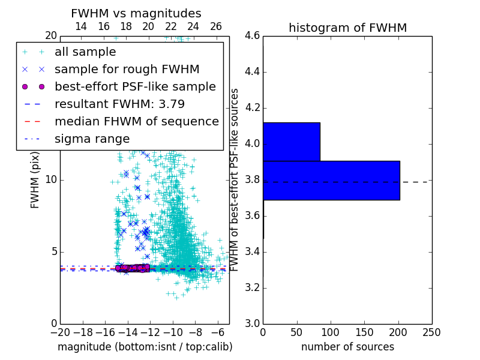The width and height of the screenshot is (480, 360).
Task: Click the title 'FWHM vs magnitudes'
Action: [x=136, y=13]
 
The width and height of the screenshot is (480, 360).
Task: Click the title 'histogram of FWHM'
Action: [x=347, y=28]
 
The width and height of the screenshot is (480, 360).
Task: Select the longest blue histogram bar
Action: [x=331, y=180]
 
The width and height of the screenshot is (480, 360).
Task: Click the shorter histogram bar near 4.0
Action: [x=291, y=142]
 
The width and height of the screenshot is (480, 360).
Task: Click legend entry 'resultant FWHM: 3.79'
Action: [x=119, y=104]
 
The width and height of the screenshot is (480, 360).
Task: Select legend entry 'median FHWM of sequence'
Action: [x=136, y=121]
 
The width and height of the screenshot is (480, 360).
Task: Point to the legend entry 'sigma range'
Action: [x=92, y=139]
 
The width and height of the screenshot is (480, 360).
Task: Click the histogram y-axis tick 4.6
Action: [x=252, y=36]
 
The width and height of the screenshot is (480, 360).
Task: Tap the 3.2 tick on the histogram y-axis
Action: [x=252, y=287]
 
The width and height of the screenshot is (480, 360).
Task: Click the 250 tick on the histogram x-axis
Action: [x=431, y=332]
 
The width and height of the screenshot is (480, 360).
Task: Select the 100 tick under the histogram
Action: [x=331, y=332]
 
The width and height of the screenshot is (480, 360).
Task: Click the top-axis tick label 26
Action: [x=216, y=26]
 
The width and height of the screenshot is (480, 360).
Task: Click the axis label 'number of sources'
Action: [x=347, y=347]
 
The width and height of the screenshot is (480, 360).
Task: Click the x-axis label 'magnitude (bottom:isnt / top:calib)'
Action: [x=145, y=347]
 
